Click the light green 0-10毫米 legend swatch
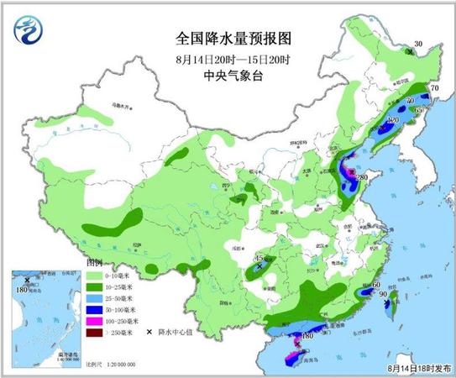coord(95,276)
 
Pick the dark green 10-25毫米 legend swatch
coord(95,287)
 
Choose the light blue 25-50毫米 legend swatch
coord(95,298)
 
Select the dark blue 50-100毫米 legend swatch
coord(95,309)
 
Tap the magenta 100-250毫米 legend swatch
coord(95,320)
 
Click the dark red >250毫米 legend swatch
coord(95,331)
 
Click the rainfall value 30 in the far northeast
coord(417,45)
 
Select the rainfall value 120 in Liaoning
coord(390,121)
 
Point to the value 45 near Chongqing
coord(259,259)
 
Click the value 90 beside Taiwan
coord(382,295)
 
